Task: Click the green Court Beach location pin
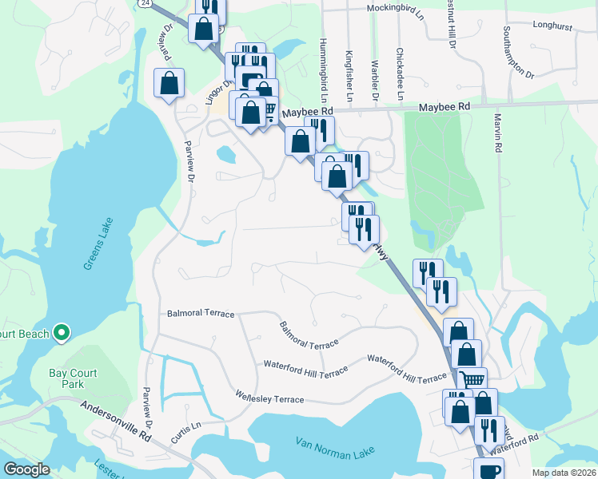pos(62,333)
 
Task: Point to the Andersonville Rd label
pos(116,422)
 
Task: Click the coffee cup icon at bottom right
pos(488,469)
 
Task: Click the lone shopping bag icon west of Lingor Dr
pos(169,83)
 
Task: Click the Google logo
pos(26,469)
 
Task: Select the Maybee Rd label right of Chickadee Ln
pos(444,106)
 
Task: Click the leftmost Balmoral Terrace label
pos(201,314)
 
